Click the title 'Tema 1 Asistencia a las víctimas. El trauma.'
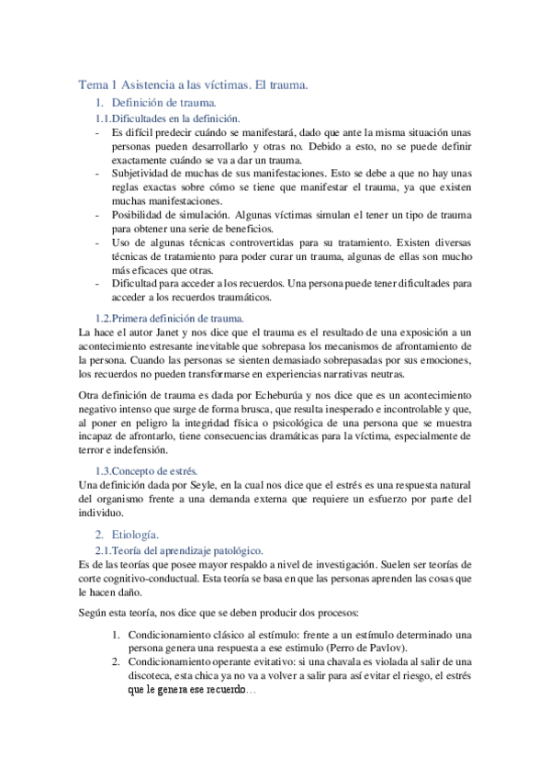click(193, 85)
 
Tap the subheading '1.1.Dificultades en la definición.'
click(168, 119)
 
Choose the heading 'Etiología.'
click(135, 534)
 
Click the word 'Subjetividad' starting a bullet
click(141, 172)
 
